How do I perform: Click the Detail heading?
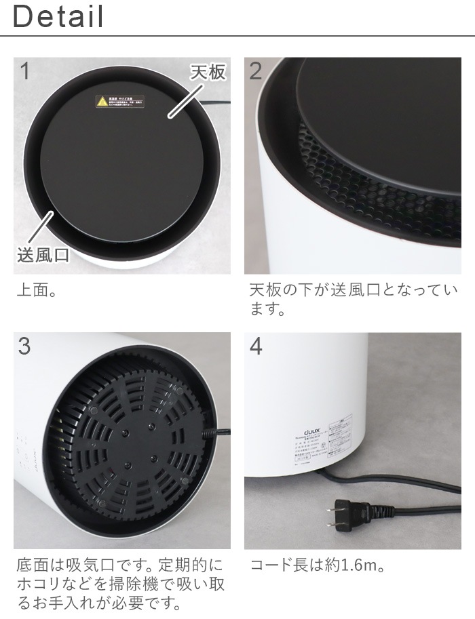[58, 16]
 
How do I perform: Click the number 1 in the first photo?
[24, 71]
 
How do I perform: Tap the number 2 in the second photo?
[256, 71]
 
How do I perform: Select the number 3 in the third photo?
[24, 346]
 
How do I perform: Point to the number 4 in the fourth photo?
[256, 346]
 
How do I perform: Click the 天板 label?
[208, 72]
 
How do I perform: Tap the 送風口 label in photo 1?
[42, 256]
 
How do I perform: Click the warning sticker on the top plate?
[120, 102]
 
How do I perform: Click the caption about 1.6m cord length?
[319, 565]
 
